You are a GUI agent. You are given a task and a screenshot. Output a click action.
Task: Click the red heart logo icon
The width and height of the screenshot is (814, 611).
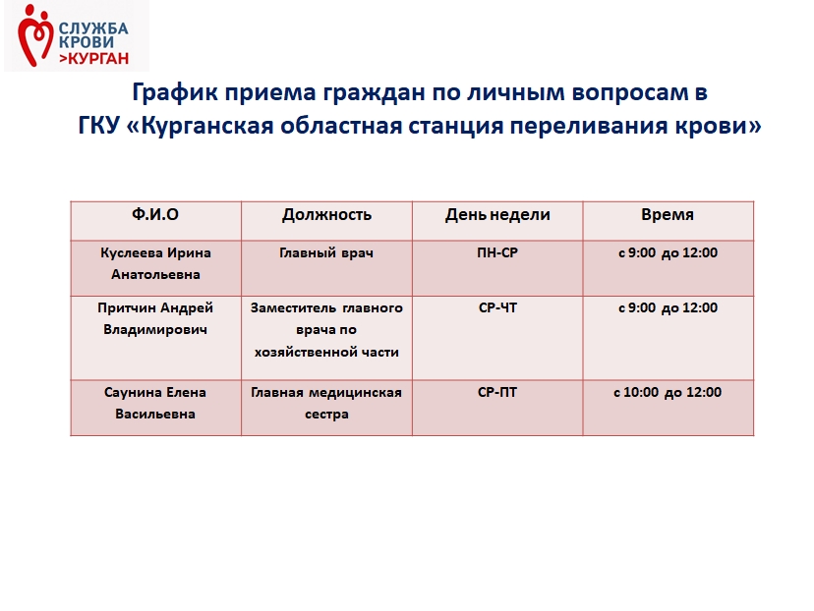35,35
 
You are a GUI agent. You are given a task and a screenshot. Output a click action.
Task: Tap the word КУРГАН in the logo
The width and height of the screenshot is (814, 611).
98,58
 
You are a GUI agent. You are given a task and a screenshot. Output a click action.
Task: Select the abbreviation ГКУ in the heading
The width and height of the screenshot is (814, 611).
99,126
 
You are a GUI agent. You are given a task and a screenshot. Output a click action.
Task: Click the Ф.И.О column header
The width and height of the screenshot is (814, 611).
155,214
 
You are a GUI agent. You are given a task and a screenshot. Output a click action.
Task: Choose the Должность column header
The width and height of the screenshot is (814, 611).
326,215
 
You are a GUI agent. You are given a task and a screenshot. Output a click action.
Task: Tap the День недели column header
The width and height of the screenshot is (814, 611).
497,215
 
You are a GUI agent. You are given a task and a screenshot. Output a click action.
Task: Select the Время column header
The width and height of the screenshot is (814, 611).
668,214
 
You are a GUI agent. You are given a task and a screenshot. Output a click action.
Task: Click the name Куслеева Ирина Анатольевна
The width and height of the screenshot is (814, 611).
155,263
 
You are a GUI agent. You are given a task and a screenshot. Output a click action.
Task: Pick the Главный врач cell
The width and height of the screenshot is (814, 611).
326,253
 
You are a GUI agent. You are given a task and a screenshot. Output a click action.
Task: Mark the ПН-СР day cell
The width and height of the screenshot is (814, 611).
497,252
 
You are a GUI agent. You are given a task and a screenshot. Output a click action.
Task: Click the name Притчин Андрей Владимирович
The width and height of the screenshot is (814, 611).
155,318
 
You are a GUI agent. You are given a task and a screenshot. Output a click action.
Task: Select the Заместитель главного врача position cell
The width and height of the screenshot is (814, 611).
326,330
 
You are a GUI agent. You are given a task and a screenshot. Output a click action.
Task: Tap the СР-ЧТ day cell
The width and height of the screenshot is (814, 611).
497,307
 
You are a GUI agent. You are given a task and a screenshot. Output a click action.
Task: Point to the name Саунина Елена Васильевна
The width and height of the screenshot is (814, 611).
155,403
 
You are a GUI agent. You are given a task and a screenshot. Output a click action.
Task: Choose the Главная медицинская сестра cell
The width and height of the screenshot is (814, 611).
326,403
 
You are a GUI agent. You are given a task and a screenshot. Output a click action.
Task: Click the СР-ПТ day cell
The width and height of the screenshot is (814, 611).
497,392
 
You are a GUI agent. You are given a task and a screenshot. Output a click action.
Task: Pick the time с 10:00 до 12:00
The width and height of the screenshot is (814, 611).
668,393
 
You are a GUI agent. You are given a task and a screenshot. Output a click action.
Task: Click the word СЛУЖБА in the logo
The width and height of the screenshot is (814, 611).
93,28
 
